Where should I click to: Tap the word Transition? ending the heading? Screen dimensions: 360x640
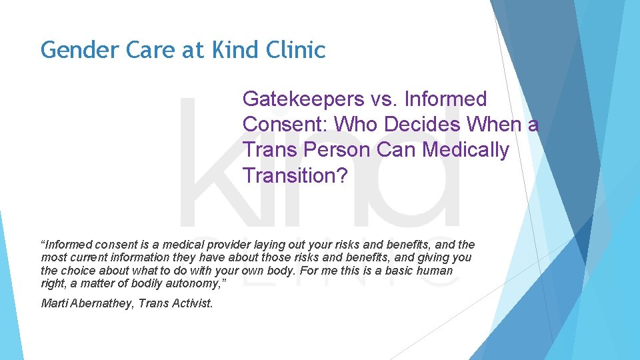pos(295,175)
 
